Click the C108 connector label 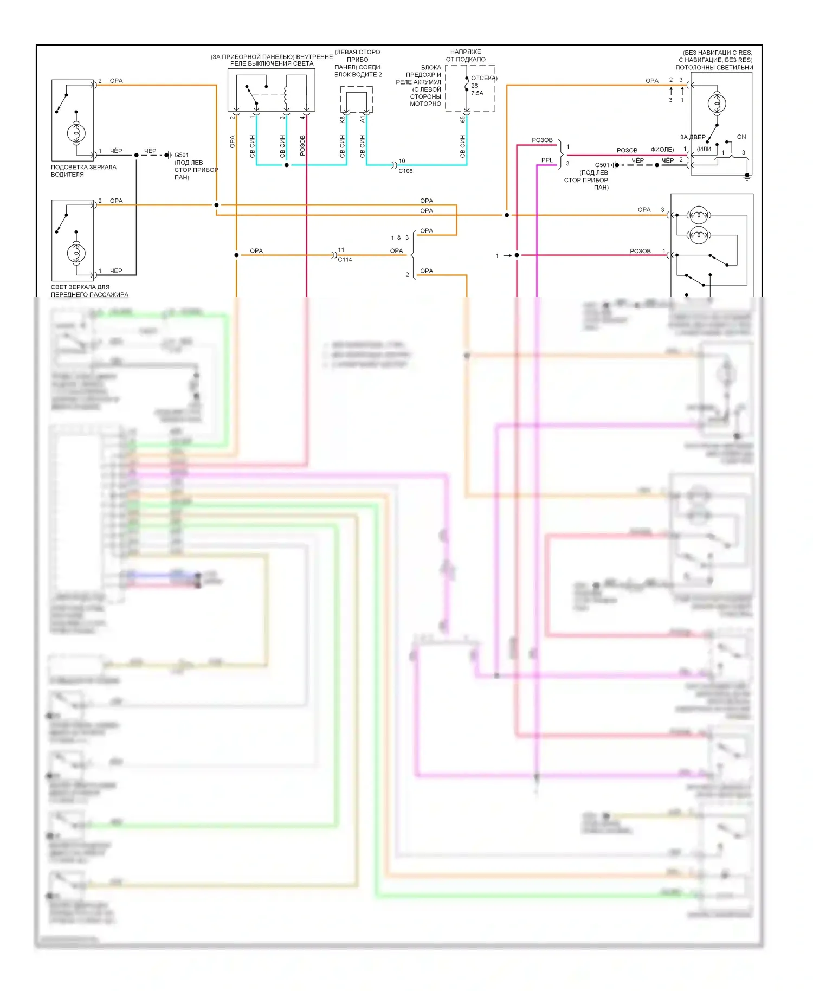coord(405,171)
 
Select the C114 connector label coord(345,260)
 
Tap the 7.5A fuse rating coord(477,93)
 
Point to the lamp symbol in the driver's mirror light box coord(76,133)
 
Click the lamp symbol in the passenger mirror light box coord(76,253)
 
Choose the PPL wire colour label coord(547,160)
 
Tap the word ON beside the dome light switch coord(741,137)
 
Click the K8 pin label coord(343,119)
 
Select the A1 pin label coord(363,119)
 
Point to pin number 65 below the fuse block coord(462,119)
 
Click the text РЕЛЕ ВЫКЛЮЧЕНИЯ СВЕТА coord(272,63)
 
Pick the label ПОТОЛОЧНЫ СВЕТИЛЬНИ coord(714,68)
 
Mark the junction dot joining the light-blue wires coord(287,165)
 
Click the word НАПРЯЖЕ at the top coord(466,52)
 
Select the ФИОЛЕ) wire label coord(662,150)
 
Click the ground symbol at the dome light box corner coord(747,176)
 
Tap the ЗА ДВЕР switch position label coord(693,137)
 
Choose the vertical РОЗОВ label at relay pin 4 coord(302,145)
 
